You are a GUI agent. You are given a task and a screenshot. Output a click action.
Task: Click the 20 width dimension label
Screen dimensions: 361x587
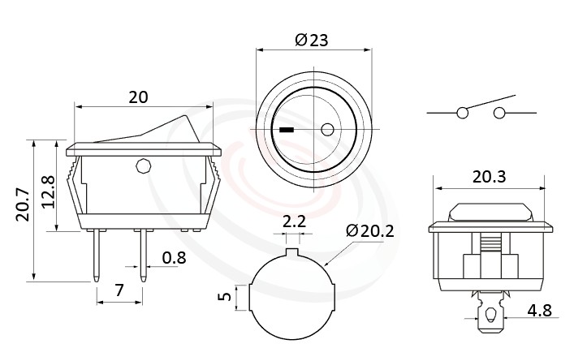pyautogui.click(x=139, y=97)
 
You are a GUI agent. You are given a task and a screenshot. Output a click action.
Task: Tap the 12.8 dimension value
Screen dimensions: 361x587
pyautogui.click(x=48, y=191)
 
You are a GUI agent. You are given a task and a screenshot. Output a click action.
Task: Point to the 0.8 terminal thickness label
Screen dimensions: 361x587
pyautogui.click(x=173, y=258)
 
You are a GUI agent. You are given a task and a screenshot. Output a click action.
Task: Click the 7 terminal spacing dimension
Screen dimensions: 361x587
pyautogui.click(x=119, y=289)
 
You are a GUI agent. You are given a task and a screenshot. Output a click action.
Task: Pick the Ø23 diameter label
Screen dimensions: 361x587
pyautogui.click(x=313, y=41)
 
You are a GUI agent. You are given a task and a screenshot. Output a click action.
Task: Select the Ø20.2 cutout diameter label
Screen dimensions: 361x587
pyautogui.click(x=369, y=230)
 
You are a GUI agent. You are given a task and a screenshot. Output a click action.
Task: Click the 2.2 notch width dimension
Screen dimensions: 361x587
pyautogui.click(x=293, y=221)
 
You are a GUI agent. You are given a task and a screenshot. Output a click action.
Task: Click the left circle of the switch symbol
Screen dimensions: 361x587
pyautogui.click(x=463, y=113)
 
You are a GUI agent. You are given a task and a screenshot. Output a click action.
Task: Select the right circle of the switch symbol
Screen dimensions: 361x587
pyautogui.click(x=499, y=113)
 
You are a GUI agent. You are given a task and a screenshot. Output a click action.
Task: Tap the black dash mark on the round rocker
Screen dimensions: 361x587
pyautogui.click(x=286, y=130)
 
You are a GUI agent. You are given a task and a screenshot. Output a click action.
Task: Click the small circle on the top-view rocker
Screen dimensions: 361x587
pyautogui.click(x=328, y=130)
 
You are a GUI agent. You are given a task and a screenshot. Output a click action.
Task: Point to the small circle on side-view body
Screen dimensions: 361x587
pyautogui.click(x=143, y=167)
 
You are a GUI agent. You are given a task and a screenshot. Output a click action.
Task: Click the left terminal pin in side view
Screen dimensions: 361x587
pyautogui.click(x=97, y=255)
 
